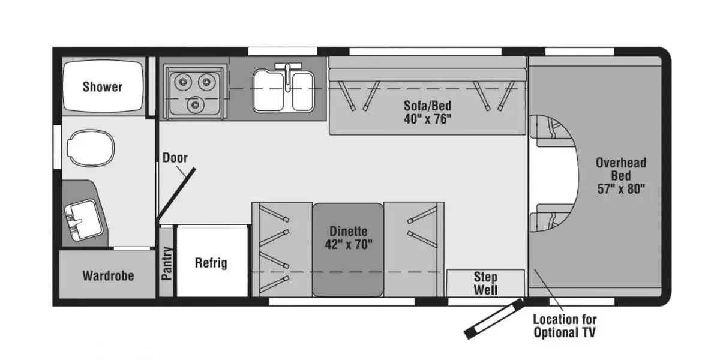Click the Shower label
[103, 87]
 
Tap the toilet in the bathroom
[91, 148]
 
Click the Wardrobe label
[108, 276]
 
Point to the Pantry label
[167, 263]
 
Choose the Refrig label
[211, 263]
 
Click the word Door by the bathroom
[175, 157]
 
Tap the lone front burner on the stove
[195, 104]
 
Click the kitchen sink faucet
[288, 74]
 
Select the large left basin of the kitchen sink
[269, 91]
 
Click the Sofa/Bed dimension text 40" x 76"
[427, 119]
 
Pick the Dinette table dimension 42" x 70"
[349, 245]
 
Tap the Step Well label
[485, 283]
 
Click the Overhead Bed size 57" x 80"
[621, 188]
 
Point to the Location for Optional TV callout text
[565, 326]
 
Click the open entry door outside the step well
[494, 319]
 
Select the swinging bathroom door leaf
[175, 194]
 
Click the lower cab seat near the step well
[547, 218]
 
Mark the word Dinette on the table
[349, 232]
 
